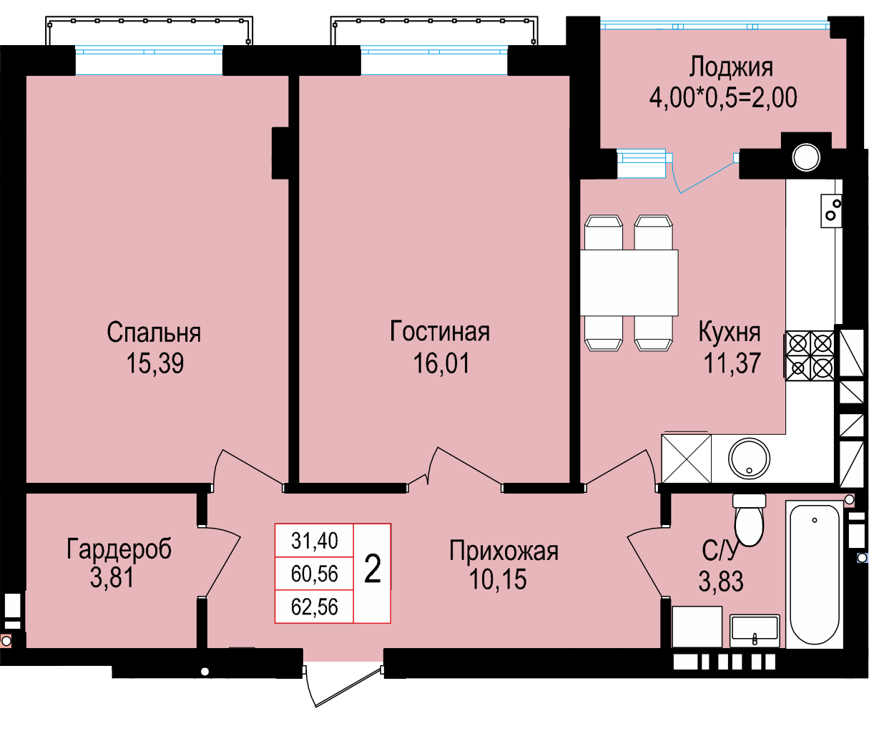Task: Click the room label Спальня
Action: [x=154, y=332]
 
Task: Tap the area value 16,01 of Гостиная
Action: [x=441, y=363]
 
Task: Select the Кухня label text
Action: [x=729, y=332]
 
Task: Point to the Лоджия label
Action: [x=731, y=67]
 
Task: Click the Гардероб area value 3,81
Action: [x=112, y=577]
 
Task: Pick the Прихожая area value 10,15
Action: [x=498, y=579]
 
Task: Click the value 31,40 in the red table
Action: [x=314, y=541]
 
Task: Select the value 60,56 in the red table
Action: [x=314, y=574]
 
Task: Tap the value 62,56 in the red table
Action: [x=314, y=607]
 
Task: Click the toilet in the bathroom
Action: [x=749, y=520]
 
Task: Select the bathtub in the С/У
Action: [x=814, y=574]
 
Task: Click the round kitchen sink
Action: [x=749, y=458]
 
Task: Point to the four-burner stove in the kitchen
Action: [x=810, y=355]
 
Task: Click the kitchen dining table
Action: [x=629, y=283]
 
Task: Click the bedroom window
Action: [x=149, y=61]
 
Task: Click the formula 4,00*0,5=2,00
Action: [x=723, y=98]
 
